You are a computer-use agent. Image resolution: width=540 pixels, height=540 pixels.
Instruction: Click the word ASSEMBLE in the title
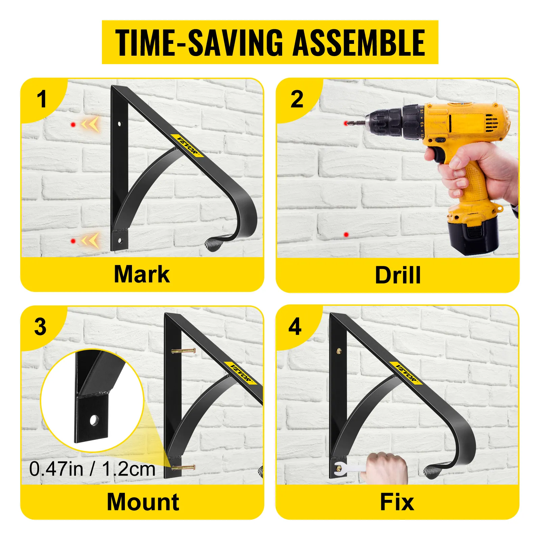point(359,42)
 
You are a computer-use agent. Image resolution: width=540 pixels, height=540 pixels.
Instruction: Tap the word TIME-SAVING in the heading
point(199,42)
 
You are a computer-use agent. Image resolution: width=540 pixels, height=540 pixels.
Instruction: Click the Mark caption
point(142,274)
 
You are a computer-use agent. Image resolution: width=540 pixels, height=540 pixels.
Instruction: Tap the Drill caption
point(398,275)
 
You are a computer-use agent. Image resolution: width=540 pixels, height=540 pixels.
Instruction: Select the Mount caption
point(143,502)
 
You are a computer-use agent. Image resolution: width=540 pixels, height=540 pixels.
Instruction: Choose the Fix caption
point(397,502)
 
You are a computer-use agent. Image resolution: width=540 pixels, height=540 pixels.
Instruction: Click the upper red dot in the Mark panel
point(73,125)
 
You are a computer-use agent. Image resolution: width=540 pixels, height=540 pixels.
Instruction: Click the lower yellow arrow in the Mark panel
point(90,240)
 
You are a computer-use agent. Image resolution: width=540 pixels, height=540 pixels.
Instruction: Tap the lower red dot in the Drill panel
point(346,235)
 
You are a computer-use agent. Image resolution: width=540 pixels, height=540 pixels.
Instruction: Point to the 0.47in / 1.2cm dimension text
point(92,469)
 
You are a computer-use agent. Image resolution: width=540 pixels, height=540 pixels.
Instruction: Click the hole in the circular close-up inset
point(94,421)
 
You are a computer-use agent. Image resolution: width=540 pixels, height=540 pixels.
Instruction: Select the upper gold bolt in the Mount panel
point(184,351)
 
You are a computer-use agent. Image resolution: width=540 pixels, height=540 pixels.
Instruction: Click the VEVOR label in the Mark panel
point(188,145)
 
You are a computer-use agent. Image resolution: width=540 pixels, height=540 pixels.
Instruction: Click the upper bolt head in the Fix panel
point(339,351)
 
